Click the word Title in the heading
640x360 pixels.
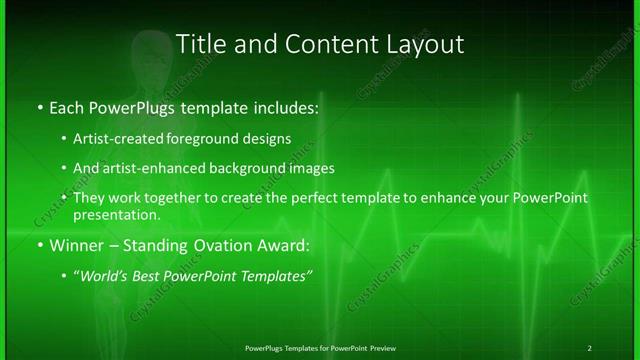[199, 44]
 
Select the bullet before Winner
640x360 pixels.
[38, 245]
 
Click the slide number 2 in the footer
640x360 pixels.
[589, 347]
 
